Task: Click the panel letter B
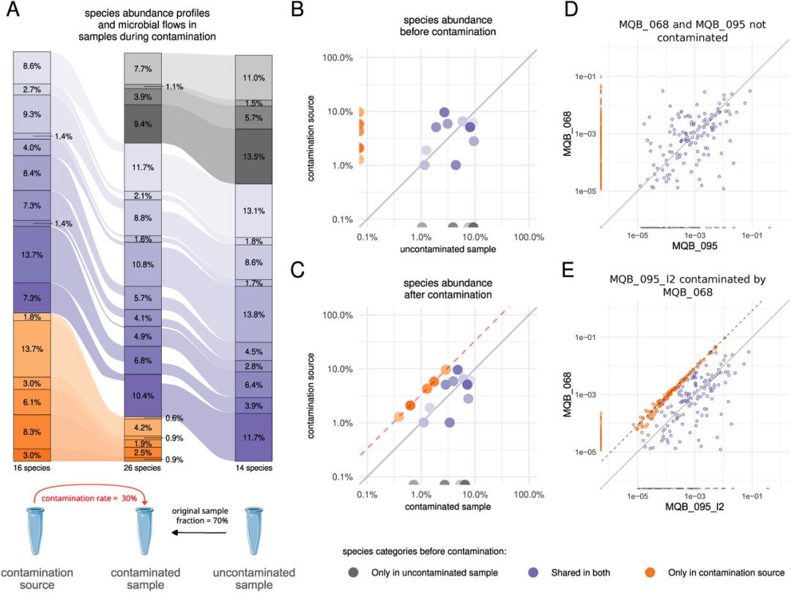[x=297, y=12]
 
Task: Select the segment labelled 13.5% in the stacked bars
[x=253, y=156]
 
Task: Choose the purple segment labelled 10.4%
[x=142, y=396]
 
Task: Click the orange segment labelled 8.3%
[x=31, y=432]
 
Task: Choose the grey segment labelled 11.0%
[x=253, y=78]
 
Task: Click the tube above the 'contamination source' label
[x=31, y=525]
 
